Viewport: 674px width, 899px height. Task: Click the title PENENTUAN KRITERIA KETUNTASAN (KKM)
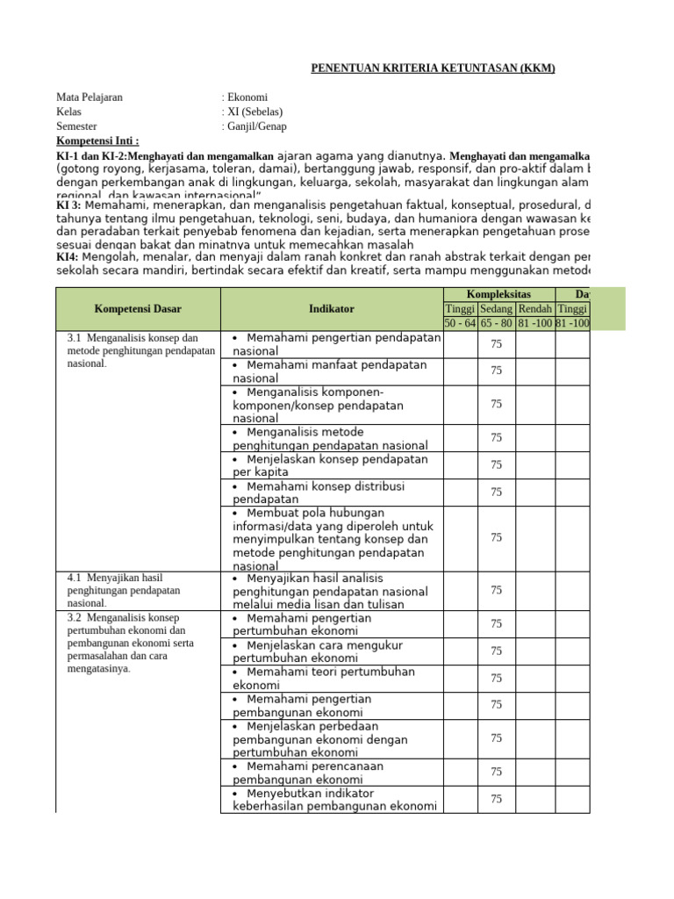point(434,68)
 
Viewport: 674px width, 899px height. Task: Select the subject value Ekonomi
point(247,97)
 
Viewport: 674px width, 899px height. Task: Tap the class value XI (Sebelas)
point(255,111)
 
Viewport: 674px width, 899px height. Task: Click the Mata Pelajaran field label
point(90,97)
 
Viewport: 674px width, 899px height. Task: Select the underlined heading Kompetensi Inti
point(97,140)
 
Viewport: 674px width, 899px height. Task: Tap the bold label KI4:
point(69,256)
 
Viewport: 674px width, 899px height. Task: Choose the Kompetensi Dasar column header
point(138,308)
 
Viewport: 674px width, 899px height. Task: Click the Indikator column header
point(332,308)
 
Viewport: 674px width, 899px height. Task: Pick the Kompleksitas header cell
point(498,294)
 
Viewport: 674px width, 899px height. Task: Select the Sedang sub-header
point(497,308)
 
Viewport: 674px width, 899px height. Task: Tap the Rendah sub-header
point(534,308)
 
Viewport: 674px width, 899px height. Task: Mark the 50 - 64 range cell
point(461,323)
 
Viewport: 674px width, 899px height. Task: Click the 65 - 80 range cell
point(497,323)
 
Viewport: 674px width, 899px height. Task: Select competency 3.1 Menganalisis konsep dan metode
point(140,350)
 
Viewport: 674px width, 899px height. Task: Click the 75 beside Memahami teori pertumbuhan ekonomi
point(497,678)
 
